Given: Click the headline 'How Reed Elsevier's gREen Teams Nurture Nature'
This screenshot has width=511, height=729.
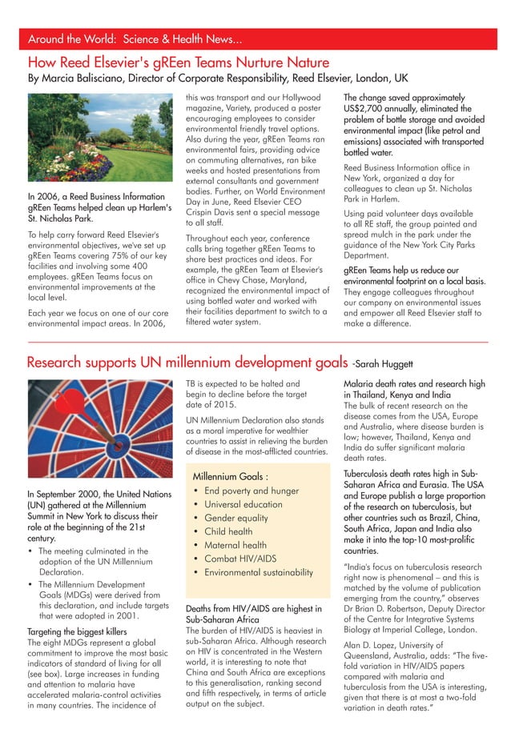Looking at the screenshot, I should click(x=178, y=62).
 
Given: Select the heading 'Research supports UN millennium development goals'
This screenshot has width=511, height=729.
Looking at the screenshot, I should click(x=187, y=363).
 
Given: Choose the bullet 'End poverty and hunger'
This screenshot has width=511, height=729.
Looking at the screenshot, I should click(x=251, y=491).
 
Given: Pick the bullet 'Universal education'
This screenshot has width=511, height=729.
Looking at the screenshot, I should click(x=243, y=504).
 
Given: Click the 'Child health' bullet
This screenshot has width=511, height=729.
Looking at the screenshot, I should click(x=228, y=531).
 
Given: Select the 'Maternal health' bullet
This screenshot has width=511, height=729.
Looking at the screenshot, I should click(x=236, y=545).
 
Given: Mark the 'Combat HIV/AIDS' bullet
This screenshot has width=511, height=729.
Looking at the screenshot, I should click(x=241, y=559).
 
